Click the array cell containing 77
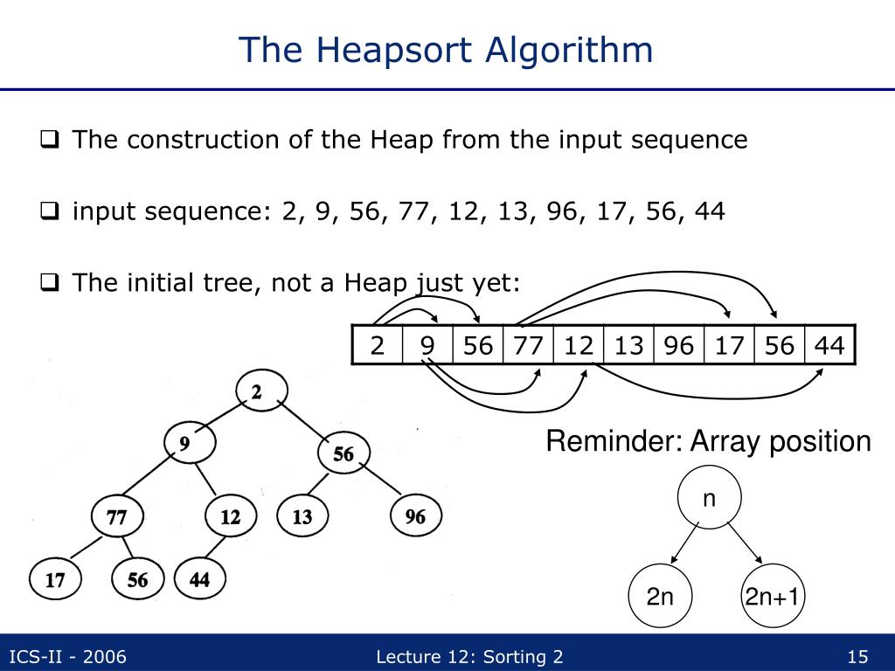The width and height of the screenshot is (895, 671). [x=528, y=346]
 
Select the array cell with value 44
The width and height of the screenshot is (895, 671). [x=829, y=346]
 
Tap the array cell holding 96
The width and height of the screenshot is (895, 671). [x=678, y=346]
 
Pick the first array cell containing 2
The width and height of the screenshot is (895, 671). [x=378, y=346]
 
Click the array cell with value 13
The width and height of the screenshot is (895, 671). [x=628, y=346]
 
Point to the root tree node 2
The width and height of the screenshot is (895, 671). [x=257, y=393]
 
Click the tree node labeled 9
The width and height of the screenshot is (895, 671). [x=184, y=444]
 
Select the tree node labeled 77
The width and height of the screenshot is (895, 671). [x=116, y=517]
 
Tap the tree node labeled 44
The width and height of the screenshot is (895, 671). [x=200, y=578]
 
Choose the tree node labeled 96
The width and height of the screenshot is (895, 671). [x=415, y=517]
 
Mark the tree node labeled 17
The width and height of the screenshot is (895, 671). [x=54, y=580]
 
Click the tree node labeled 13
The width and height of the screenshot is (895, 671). [x=302, y=517]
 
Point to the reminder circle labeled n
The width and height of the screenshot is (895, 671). [x=710, y=500]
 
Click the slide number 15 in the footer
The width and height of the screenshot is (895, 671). [x=857, y=657]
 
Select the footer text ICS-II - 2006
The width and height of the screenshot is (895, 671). [x=67, y=657]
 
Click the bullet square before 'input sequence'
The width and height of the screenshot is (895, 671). [x=51, y=211]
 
